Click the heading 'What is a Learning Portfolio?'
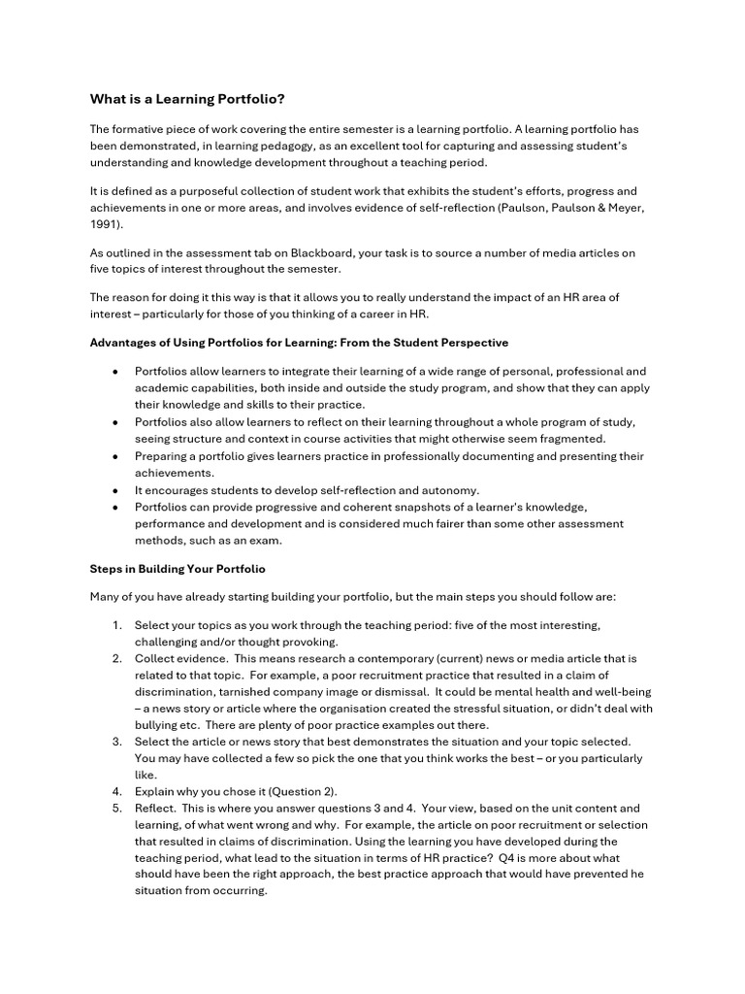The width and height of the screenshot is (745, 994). [x=188, y=98]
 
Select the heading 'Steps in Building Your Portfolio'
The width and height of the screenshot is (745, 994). [x=178, y=568]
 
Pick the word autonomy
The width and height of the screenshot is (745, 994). [x=452, y=490]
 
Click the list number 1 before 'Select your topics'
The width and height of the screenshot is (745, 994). [x=116, y=625]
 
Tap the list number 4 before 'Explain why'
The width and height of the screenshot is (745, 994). [x=116, y=791]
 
